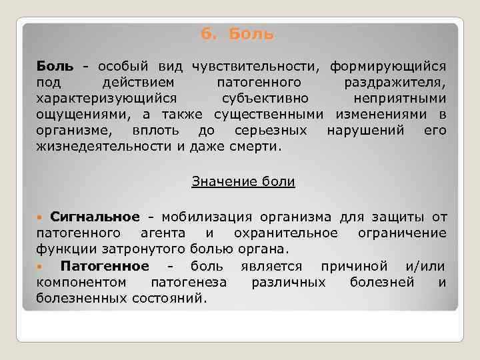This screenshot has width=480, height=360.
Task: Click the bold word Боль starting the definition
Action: click(x=51, y=67)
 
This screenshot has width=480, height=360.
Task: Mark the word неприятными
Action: click(x=406, y=99)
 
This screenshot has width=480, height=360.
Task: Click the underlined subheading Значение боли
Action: click(x=243, y=181)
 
